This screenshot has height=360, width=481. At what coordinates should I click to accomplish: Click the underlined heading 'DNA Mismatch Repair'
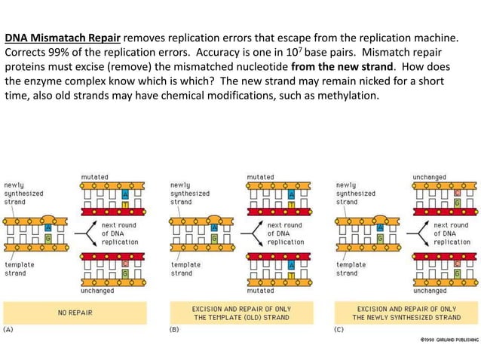63,36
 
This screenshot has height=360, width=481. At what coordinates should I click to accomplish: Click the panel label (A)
10,329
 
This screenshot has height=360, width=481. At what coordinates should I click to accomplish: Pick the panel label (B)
174,329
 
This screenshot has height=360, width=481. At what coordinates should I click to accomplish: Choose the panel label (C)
340,329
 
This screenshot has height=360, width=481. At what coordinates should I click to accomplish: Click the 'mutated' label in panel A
95,177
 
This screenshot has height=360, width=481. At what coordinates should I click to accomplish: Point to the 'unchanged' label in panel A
98,290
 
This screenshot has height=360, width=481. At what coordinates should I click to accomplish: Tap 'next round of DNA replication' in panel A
120,233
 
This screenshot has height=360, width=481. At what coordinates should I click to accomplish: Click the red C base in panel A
125,264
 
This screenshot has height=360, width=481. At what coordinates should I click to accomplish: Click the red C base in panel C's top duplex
457,193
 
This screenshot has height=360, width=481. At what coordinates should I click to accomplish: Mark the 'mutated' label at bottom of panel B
261,290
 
